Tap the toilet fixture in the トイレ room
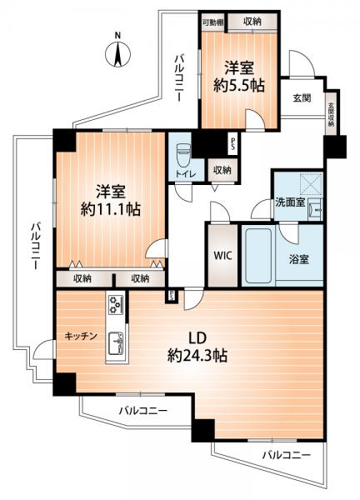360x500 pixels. pyautogui.click(x=183, y=154)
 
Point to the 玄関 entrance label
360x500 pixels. pyautogui.click(x=301, y=97)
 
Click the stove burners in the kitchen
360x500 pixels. pyautogui.click(x=115, y=306)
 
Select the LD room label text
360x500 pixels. pyautogui.click(x=197, y=338)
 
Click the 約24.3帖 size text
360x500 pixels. pyautogui.click(x=197, y=356)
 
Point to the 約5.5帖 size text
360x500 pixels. pyautogui.click(x=239, y=84)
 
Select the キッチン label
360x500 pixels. pyautogui.click(x=82, y=336)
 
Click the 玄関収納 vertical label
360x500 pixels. pyautogui.click(x=331, y=112)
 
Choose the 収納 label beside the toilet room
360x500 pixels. pyautogui.click(x=221, y=170)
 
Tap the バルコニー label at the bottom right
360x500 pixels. pyautogui.click(x=285, y=456)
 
